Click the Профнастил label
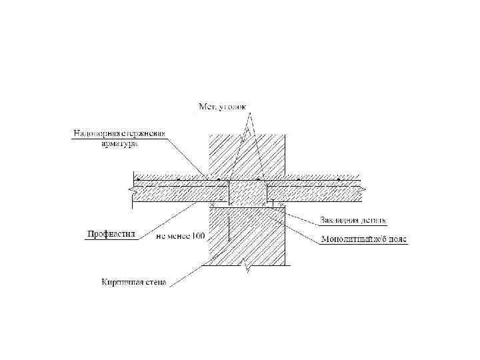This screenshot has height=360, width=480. [111, 233]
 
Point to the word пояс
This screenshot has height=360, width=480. [399, 239]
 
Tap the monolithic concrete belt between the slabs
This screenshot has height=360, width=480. [248, 195]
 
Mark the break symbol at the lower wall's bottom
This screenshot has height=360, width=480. [248, 265]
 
